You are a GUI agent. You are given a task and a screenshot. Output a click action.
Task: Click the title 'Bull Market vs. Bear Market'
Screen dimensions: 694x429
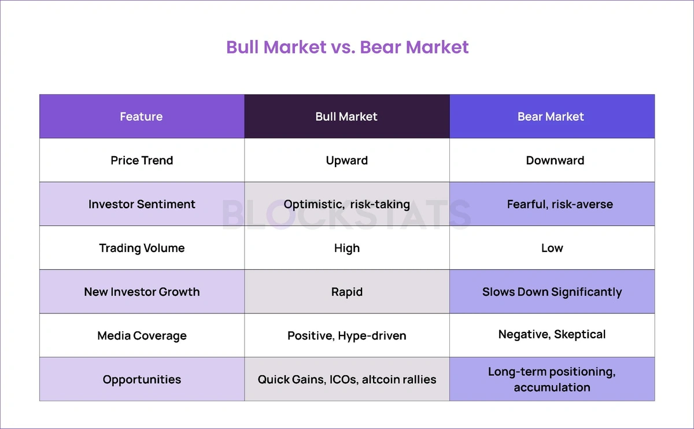(x=348, y=47)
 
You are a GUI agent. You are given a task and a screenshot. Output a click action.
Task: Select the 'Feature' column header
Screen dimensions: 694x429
(x=141, y=116)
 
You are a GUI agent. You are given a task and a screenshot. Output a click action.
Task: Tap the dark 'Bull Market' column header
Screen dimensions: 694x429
(x=346, y=116)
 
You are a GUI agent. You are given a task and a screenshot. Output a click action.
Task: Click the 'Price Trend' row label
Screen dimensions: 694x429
(x=142, y=161)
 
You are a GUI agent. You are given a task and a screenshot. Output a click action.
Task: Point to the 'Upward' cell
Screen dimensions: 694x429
(x=347, y=161)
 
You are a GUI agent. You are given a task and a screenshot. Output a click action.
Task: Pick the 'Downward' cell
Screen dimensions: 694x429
(x=555, y=161)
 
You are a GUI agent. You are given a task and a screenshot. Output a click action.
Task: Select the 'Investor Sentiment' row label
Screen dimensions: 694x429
(x=142, y=204)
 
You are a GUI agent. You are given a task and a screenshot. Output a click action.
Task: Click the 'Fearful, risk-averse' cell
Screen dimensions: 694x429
(x=560, y=205)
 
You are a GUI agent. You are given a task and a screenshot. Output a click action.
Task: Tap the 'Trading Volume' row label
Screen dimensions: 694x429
(x=142, y=248)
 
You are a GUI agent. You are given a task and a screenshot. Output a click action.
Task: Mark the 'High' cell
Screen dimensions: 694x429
(x=347, y=249)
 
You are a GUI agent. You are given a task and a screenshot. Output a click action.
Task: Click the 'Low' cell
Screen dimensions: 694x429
(x=552, y=248)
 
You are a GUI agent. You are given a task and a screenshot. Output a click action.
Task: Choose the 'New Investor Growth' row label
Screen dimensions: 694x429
(x=142, y=292)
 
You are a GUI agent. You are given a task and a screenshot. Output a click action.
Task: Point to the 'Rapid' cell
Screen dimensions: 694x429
(x=347, y=292)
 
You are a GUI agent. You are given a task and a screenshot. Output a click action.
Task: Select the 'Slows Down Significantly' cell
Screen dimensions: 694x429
(x=552, y=292)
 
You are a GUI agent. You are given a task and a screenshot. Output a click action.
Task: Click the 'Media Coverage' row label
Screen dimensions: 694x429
(x=142, y=336)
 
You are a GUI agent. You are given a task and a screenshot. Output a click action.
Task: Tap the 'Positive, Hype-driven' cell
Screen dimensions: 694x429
(x=347, y=336)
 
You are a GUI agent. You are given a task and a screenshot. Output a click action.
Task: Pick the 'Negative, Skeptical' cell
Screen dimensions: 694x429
(x=552, y=335)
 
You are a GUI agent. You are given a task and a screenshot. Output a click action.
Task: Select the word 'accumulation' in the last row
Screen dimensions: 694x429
(x=552, y=387)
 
